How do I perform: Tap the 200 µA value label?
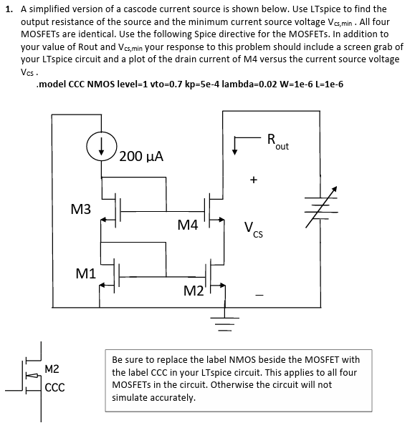point(141,155)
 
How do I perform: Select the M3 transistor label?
point(81,209)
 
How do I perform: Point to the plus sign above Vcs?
point(253,181)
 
